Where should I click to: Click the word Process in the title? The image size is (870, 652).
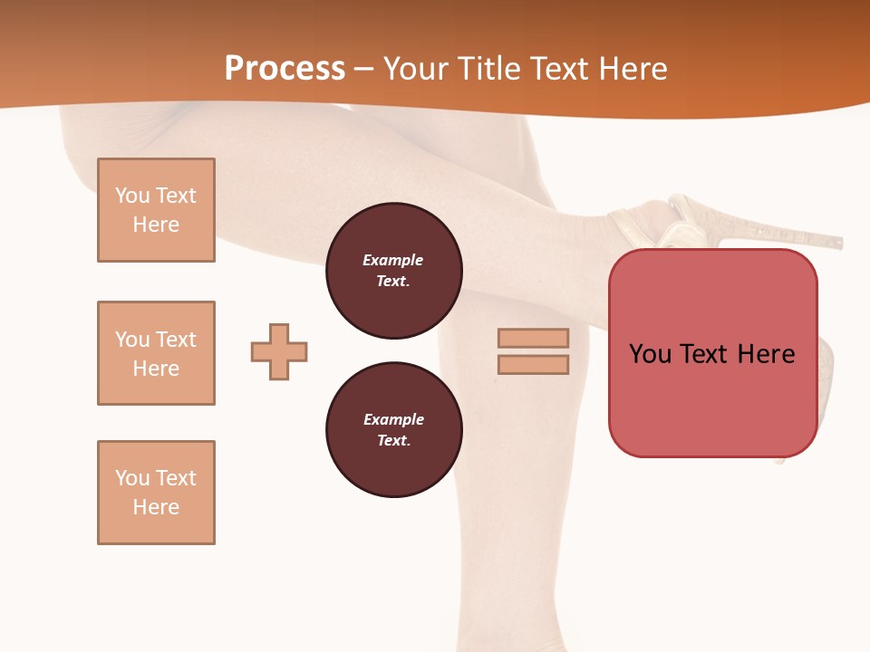[285, 69]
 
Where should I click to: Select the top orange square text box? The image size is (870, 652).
[156, 210]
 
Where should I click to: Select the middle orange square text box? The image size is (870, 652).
[156, 353]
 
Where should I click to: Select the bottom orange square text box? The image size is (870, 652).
[156, 493]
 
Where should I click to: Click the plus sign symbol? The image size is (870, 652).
[279, 351]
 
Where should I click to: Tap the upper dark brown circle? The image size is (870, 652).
[393, 271]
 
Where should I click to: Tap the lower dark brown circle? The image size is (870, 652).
[393, 430]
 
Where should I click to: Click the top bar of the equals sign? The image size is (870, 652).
[533, 339]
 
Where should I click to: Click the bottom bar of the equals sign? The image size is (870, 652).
[533, 365]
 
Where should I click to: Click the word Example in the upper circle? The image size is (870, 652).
[392, 260]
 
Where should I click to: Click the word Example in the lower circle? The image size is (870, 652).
[393, 419]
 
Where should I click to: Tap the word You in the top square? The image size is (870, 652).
[131, 196]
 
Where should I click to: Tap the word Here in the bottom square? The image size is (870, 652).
[156, 507]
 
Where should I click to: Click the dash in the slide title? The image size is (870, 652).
[364, 70]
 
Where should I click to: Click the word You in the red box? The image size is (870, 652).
[650, 354]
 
